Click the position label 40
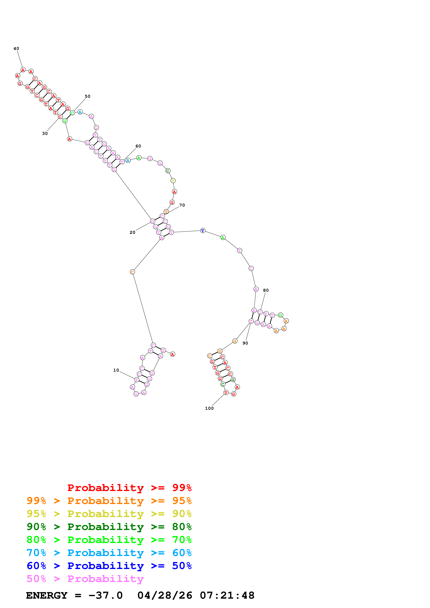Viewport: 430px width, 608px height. [x=16, y=49]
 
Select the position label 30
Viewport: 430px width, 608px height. [x=45, y=133]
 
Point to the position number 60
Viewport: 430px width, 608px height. [x=138, y=146]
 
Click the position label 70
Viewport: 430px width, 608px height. [x=182, y=205]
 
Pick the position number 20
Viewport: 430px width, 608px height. [x=132, y=232]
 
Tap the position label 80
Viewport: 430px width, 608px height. [x=266, y=290]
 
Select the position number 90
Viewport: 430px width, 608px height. [x=245, y=343]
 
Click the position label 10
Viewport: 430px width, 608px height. [x=116, y=370]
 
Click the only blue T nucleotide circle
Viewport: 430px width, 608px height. [x=203, y=231]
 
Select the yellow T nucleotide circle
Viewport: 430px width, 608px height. [x=173, y=181]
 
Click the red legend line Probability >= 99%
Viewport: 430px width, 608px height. [x=129, y=488]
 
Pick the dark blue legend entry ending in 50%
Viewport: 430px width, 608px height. [x=109, y=566]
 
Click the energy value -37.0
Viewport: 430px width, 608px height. [x=105, y=596]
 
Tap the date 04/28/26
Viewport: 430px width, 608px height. [x=165, y=596]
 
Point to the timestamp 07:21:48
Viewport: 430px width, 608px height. [x=227, y=596]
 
